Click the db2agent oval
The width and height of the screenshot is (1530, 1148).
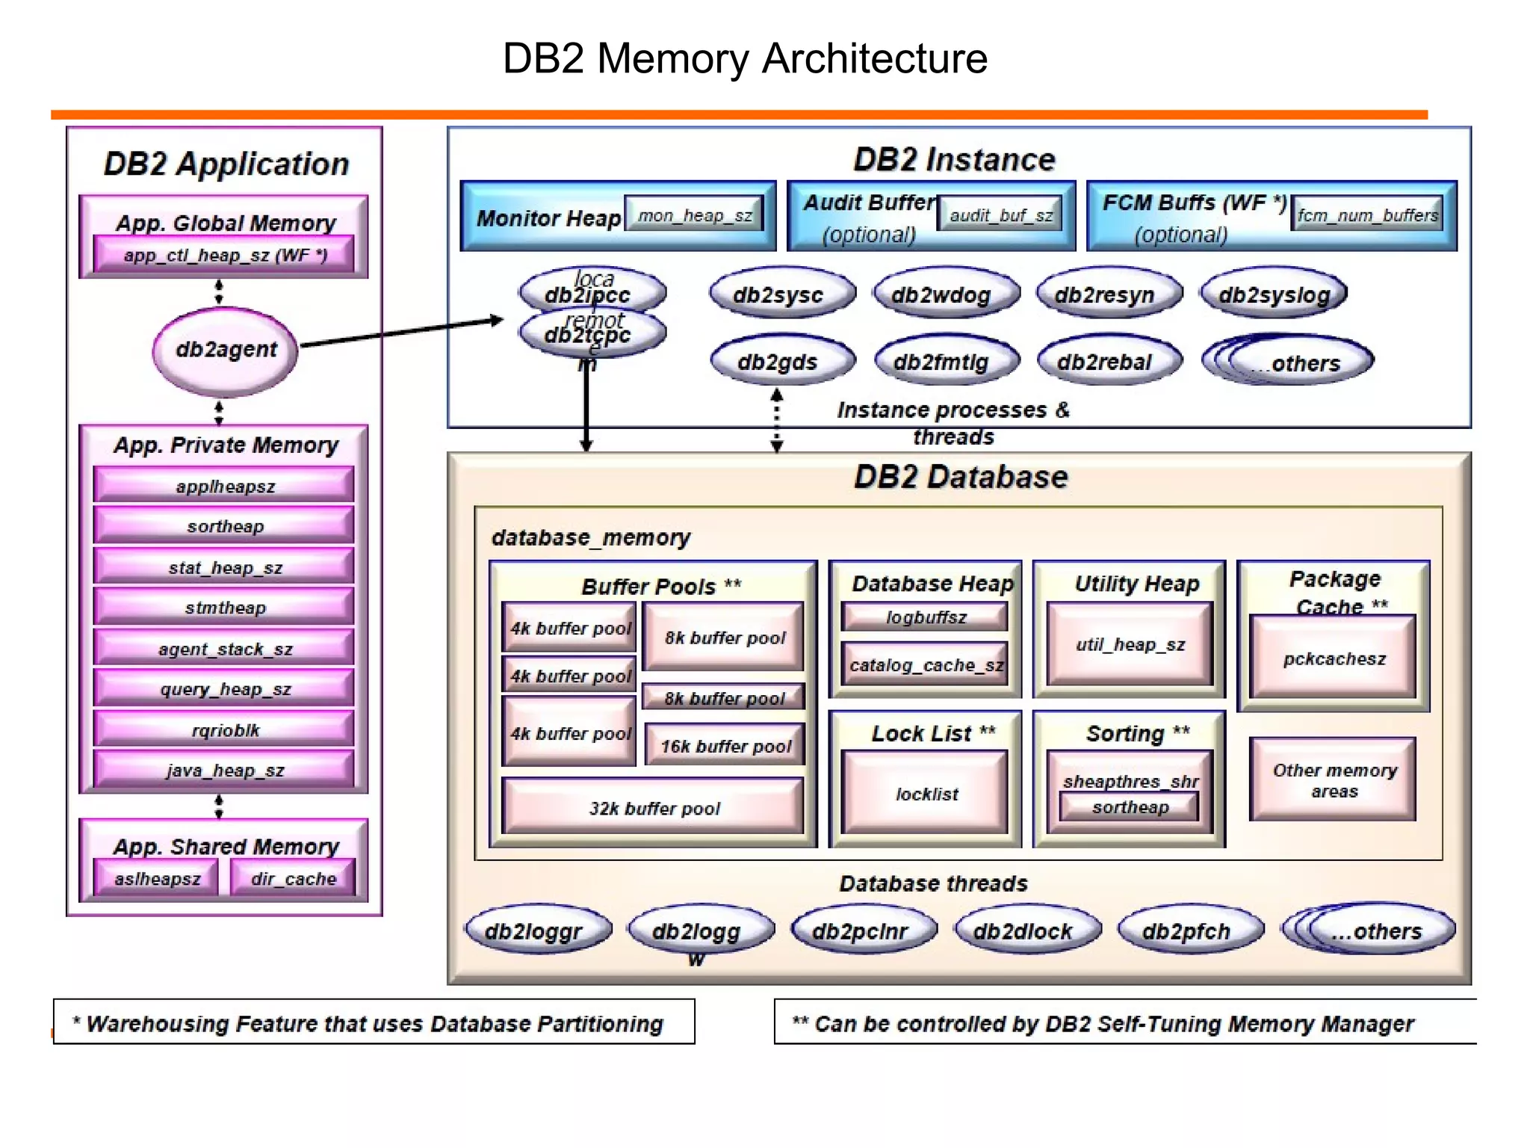pos(226,350)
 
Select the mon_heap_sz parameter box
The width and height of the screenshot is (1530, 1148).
pos(694,215)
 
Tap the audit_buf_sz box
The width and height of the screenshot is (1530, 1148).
pos(1000,215)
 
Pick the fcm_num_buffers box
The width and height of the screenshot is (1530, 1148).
pos(1367,215)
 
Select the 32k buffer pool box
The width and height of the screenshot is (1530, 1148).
pos(654,807)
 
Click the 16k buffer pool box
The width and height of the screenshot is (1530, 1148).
pos(725,745)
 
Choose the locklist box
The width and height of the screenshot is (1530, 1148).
pos(926,793)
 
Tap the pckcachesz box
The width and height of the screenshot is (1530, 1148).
pos(1333,658)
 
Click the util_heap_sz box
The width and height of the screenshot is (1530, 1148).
pos(1130,644)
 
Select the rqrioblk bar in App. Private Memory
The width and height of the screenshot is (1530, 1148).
pos(224,729)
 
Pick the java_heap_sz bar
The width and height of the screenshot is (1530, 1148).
pos(224,770)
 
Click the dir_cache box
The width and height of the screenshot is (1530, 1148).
pos(293,878)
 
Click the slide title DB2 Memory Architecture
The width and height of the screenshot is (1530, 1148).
pos(745,58)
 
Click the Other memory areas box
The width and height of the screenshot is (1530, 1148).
pos(1333,780)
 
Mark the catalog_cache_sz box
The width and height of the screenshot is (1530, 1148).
pos(926,664)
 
